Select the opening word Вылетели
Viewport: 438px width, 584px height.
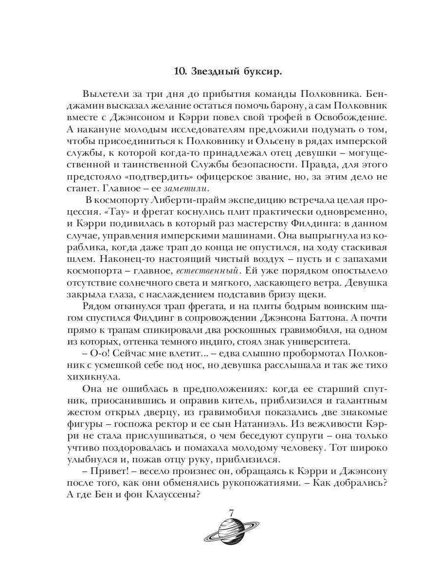pyautogui.click(x=104, y=93)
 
